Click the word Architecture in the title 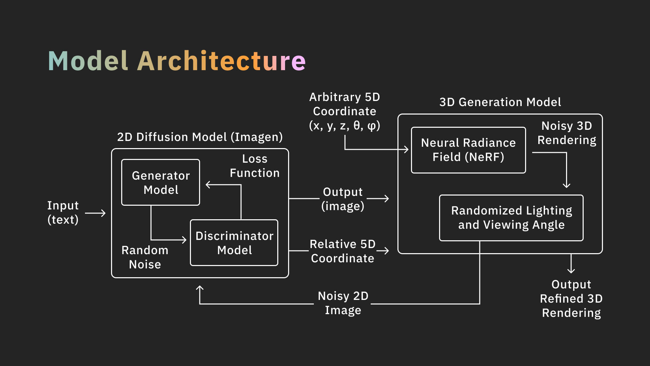(x=221, y=61)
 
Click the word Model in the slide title (x=88, y=61)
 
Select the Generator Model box (x=161, y=182)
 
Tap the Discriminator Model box (x=234, y=243)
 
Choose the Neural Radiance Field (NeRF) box (x=468, y=150)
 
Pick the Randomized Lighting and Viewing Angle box (x=511, y=218)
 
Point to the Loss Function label (x=255, y=166)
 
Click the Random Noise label (x=145, y=257)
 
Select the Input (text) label (x=63, y=212)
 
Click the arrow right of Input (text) (x=95, y=213)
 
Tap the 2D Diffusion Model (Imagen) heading (x=200, y=137)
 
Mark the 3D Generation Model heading (x=500, y=102)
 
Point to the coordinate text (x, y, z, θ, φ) (x=345, y=126)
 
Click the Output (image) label (x=343, y=199)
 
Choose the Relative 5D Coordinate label (x=343, y=251)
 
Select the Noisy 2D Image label (x=343, y=303)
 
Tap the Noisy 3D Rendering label (x=567, y=133)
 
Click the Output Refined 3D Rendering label (x=571, y=299)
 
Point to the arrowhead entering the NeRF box (x=406, y=149)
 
